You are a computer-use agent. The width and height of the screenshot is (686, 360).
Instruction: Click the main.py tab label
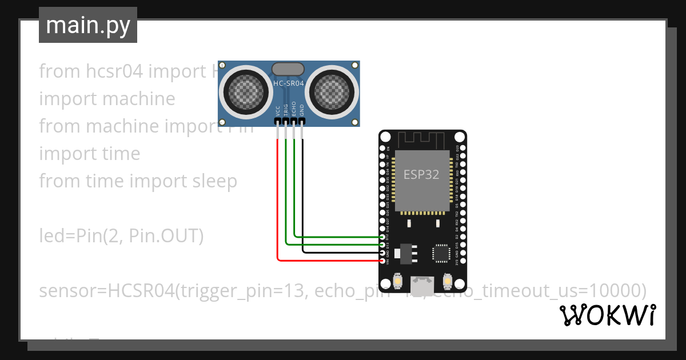(x=87, y=25)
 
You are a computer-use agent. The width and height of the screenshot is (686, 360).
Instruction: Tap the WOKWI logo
(x=607, y=315)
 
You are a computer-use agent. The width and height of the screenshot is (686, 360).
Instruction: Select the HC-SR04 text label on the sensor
(x=289, y=83)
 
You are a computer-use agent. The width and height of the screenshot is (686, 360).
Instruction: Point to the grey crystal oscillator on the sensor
(x=288, y=69)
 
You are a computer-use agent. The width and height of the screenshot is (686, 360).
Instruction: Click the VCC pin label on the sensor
(x=278, y=110)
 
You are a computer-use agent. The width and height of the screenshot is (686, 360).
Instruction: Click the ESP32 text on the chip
(x=421, y=175)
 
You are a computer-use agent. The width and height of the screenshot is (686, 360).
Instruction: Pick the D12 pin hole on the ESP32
(x=382, y=236)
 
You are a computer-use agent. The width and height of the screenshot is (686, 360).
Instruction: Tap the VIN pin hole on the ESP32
(x=382, y=260)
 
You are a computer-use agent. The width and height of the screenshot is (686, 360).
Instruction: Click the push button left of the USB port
(x=398, y=282)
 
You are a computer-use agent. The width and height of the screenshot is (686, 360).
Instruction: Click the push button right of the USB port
(x=448, y=282)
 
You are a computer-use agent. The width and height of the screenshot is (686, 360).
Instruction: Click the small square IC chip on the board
(x=441, y=253)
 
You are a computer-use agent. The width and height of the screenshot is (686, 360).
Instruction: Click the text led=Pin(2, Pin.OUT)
(x=121, y=236)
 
